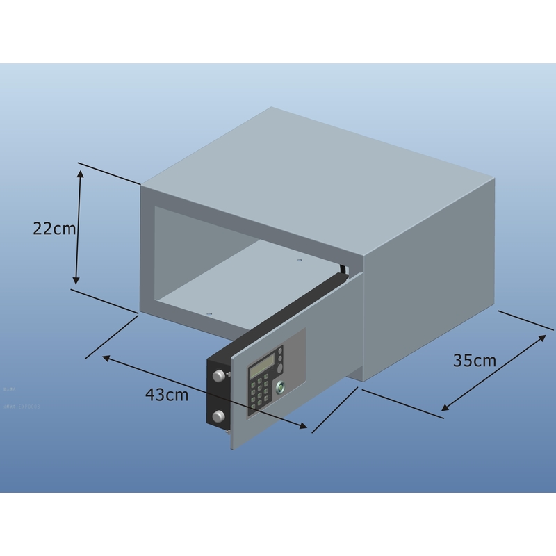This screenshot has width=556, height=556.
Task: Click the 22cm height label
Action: (54, 228)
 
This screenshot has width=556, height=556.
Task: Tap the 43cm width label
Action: (167, 394)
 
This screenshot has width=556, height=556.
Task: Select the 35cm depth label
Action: (475, 360)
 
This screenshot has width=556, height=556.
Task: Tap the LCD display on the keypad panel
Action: (263, 362)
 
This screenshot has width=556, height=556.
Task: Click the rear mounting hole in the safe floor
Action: (299, 261)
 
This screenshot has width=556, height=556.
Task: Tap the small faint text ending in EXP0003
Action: (21, 405)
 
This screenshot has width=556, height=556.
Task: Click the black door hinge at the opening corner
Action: (343, 270)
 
